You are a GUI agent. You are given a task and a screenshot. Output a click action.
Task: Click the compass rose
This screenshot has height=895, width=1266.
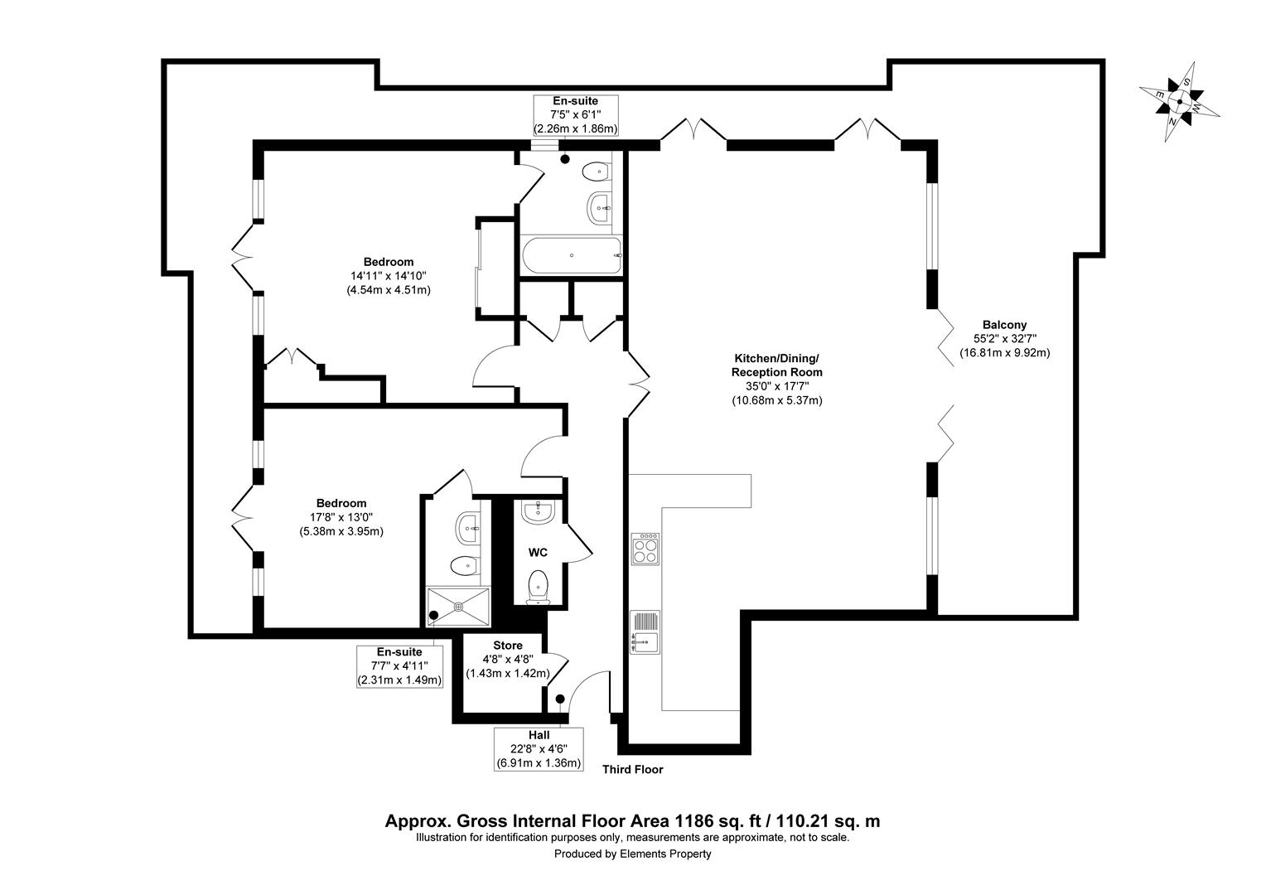(x=1180, y=103)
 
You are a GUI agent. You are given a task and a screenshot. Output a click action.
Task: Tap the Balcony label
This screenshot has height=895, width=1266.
(x=1004, y=339)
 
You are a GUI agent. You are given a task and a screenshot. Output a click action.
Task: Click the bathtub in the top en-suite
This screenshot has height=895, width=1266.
(x=571, y=255)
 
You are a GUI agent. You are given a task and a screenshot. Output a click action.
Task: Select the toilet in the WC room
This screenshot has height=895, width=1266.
(x=539, y=585)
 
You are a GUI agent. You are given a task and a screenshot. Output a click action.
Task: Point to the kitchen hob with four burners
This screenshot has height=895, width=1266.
(x=645, y=549)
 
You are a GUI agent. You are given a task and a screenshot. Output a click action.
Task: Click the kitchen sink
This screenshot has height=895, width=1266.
(x=645, y=631)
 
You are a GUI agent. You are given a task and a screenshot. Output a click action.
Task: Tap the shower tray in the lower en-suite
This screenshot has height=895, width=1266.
(x=457, y=605)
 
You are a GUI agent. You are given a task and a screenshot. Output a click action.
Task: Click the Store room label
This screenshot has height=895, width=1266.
(x=508, y=646)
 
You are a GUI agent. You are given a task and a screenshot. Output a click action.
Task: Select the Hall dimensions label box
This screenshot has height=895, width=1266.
(x=539, y=749)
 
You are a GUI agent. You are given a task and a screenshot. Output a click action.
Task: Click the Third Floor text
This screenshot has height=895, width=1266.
(x=632, y=769)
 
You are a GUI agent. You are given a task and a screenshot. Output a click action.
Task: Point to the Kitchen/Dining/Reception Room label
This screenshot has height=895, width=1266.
(x=776, y=379)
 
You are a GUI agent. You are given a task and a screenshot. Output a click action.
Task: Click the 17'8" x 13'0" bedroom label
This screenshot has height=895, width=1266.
(x=341, y=517)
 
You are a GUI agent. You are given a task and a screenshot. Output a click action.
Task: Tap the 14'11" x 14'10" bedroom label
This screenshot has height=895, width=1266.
(x=388, y=276)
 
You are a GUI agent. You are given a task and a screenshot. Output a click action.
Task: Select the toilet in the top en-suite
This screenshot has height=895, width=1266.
(x=595, y=172)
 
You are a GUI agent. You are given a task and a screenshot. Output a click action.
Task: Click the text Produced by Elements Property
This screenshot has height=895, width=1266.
(x=632, y=854)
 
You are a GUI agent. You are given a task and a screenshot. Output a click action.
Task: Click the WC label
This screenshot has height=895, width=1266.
(x=538, y=552)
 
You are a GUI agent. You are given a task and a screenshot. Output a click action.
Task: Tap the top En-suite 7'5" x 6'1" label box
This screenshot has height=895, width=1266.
(x=575, y=115)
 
